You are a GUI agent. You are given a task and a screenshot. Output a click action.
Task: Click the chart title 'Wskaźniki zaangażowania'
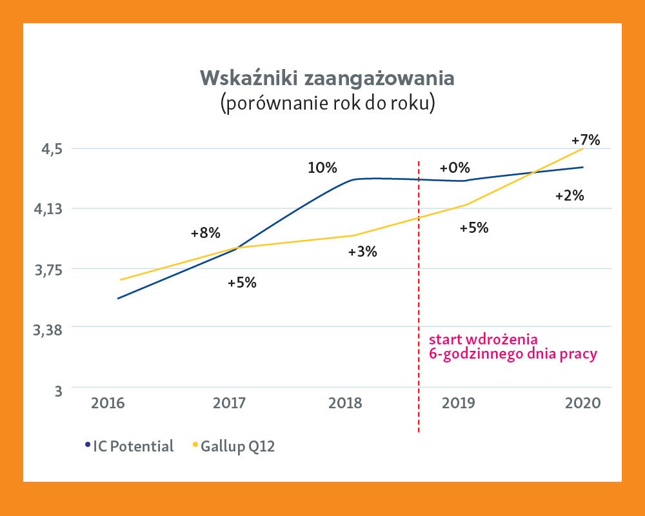(328, 78)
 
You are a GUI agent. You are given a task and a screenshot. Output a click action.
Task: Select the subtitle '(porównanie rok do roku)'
(328, 104)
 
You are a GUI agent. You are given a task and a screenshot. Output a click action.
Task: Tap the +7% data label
(586, 139)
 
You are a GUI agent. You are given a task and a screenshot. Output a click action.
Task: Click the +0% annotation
(454, 168)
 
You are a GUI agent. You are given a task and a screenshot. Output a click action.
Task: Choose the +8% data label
(205, 233)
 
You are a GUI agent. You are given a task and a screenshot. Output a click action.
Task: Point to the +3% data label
(362, 252)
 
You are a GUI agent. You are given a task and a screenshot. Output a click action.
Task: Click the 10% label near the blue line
(322, 168)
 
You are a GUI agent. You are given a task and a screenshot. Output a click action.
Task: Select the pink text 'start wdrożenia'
(483, 339)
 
